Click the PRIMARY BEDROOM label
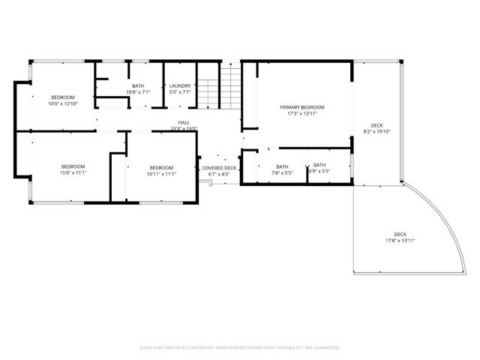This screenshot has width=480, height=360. (x=302, y=108)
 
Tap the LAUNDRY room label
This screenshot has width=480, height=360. (x=180, y=86)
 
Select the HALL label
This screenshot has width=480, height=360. (x=183, y=123)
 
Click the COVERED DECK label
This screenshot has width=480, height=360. (x=219, y=168)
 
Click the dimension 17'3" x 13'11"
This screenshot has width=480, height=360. (x=302, y=114)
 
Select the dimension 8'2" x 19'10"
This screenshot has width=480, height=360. (x=376, y=131)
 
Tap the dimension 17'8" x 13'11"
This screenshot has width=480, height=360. (x=400, y=241)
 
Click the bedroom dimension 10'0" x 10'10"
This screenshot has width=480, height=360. (x=63, y=103)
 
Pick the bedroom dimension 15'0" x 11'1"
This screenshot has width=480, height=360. (x=73, y=172)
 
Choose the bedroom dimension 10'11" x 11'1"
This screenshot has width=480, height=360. (x=161, y=173)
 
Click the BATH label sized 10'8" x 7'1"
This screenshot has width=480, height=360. (x=138, y=86)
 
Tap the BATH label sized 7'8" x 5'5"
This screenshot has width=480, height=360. (x=282, y=166)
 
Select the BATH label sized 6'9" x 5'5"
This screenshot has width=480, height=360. (x=319, y=165)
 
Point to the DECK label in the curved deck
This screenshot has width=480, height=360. (x=400, y=235)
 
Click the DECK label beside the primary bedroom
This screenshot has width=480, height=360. (x=376, y=125)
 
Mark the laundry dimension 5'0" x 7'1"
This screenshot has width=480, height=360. (x=180, y=92)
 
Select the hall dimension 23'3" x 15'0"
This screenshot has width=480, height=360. (x=183, y=129)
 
